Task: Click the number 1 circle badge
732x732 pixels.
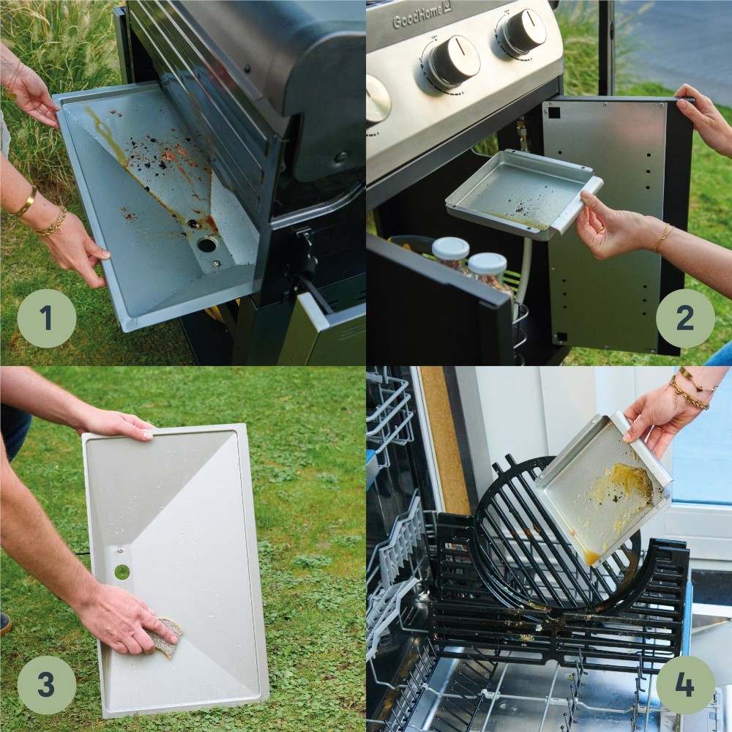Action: tap(46, 318)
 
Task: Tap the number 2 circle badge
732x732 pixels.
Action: tap(685, 318)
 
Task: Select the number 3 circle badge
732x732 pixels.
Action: tap(46, 685)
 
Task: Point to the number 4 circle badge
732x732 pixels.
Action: tap(685, 685)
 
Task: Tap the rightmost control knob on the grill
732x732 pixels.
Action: tap(524, 31)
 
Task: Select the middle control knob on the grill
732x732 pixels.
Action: tap(453, 61)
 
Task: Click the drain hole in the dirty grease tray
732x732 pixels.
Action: tap(207, 244)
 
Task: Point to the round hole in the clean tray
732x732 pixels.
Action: tap(122, 572)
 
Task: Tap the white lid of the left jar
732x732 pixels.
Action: tap(450, 249)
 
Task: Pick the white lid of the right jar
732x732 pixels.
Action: tap(487, 263)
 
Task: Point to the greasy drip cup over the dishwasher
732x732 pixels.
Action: tap(604, 490)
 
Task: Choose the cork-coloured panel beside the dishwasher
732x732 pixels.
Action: tap(442, 439)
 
